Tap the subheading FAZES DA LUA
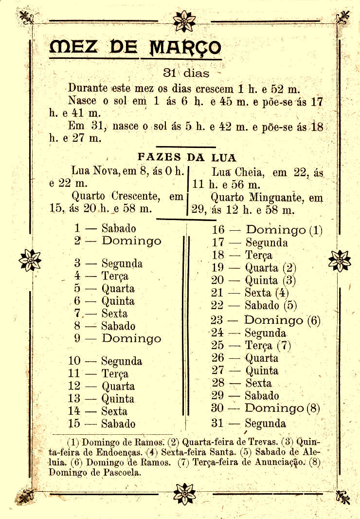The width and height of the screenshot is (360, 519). click(187, 157)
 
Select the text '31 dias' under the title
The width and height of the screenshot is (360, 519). click(186, 74)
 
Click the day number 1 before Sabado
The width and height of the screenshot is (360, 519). click(77, 228)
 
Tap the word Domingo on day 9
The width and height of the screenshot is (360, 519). click(131, 338)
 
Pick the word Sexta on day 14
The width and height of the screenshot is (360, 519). click(114, 411)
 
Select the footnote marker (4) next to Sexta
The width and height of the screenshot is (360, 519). click(282, 293)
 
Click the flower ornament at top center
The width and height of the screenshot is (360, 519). click(184, 21)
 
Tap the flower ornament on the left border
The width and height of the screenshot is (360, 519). click(30, 260)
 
